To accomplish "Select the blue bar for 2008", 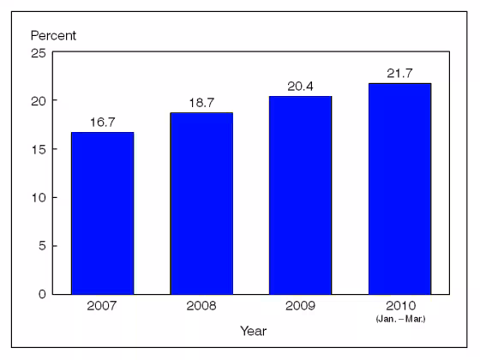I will tap(201, 203).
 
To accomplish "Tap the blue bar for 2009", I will tap(300, 195).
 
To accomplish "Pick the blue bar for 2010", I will tap(399, 189).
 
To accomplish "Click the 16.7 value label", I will tap(102, 123).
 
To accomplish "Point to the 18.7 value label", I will tap(201, 103).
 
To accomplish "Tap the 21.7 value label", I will tap(399, 74).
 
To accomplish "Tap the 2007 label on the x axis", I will tap(102, 306).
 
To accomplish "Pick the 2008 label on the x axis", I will tap(201, 306).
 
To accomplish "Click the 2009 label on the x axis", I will tap(300, 306).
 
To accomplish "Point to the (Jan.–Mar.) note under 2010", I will tap(399, 318).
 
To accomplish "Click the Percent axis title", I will tap(53, 36).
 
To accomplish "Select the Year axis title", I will tap(253, 330).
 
